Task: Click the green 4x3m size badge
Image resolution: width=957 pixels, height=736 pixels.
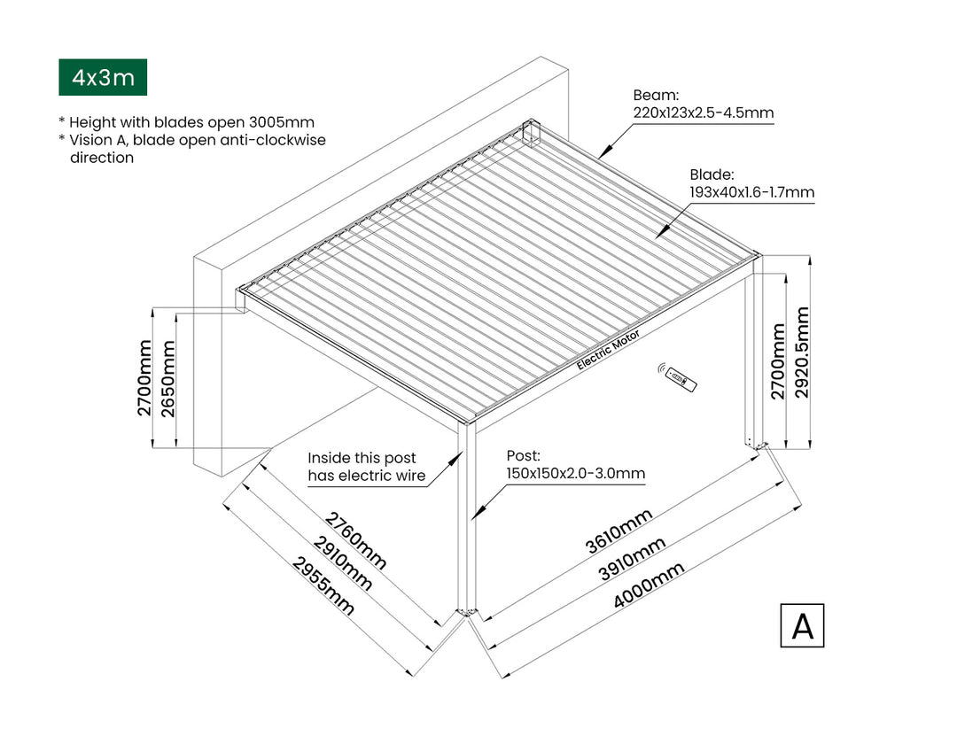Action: pyautogui.click(x=103, y=78)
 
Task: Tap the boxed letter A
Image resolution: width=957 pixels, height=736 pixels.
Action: pyautogui.click(x=802, y=625)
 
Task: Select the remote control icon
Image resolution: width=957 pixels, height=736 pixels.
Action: pyautogui.click(x=681, y=378)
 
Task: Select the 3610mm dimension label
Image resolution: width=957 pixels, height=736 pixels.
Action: pyautogui.click(x=619, y=531)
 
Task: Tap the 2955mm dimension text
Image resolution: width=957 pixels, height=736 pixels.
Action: pyautogui.click(x=324, y=587)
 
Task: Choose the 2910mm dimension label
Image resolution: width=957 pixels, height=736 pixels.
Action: pyautogui.click(x=340, y=563)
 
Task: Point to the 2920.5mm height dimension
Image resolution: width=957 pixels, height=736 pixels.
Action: pyautogui.click(x=803, y=353)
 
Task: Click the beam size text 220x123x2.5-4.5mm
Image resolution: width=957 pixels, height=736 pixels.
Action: pyautogui.click(x=704, y=112)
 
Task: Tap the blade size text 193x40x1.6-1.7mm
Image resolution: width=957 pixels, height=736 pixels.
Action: pyautogui.click(x=751, y=191)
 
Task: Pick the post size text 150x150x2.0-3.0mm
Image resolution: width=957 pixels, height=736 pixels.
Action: pyautogui.click(x=575, y=474)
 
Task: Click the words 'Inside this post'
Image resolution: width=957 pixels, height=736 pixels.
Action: pyautogui.click(x=362, y=458)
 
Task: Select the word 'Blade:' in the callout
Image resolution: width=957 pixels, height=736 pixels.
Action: pyautogui.click(x=712, y=174)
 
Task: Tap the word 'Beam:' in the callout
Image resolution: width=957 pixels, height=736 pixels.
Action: pyautogui.click(x=656, y=96)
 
